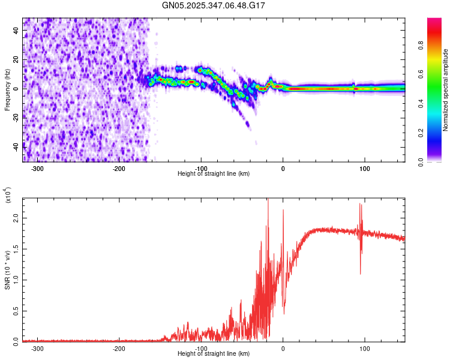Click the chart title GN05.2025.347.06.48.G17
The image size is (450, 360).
[x=214, y=5]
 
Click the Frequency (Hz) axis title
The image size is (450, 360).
[x=7, y=90]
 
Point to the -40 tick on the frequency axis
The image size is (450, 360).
[x=15, y=146]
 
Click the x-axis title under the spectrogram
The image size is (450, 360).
[x=214, y=174]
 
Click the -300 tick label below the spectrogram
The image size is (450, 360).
[x=37, y=168]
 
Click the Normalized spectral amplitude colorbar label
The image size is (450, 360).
[x=445, y=90]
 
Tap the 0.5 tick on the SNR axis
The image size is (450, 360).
[x=16, y=311]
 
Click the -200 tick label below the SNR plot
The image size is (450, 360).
[x=119, y=348]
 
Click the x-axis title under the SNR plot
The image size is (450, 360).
[x=214, y=354]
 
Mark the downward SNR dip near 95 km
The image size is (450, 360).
[x=360, y=274]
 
